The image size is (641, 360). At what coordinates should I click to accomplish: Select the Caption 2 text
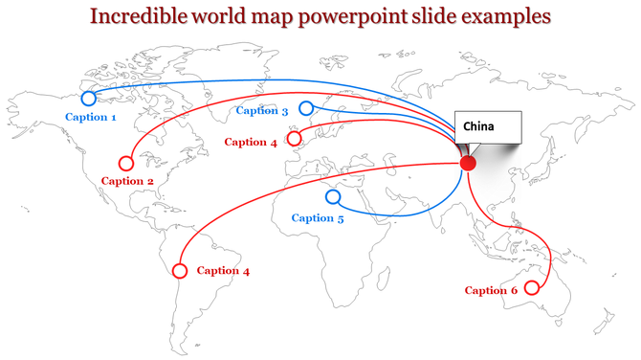127,181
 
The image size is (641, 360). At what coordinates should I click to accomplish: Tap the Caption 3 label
261,111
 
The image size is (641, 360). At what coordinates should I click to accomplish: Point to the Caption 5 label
317,218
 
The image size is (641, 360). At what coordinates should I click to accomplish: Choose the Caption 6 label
491,290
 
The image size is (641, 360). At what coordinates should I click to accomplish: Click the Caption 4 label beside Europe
250,143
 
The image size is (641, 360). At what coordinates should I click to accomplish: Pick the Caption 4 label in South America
223,271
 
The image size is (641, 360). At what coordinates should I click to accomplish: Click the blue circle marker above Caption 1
88,98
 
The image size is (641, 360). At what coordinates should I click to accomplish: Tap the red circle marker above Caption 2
125,163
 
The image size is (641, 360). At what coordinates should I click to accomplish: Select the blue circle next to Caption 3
306,108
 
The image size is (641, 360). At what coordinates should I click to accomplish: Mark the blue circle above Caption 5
333,197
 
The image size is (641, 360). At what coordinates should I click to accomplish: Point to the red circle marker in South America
179,271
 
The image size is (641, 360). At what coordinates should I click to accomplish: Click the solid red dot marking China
468,163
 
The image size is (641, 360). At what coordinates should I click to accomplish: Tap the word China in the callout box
480,126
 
